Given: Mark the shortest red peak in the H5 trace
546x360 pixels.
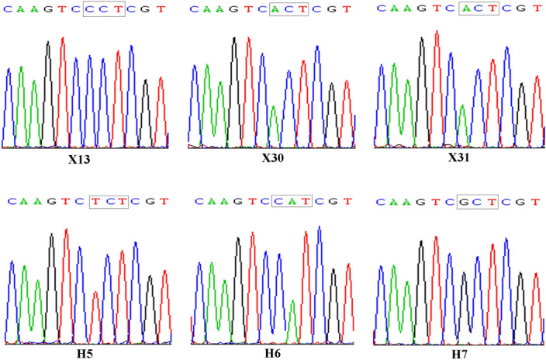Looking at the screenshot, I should [94, 314].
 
